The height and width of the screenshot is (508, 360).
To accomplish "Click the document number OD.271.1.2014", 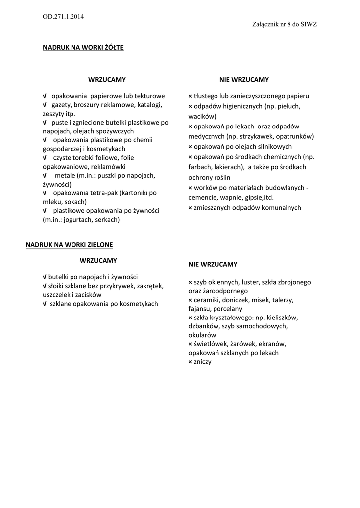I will tap(63, 16).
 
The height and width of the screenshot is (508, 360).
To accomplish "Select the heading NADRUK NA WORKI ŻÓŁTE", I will tap(83, 48).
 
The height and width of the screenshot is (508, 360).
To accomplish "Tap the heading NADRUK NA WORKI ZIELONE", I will tap(70, 245).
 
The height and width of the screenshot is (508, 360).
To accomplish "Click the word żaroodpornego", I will tap(225, 291).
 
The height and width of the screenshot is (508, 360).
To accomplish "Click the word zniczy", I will tap(203, 362).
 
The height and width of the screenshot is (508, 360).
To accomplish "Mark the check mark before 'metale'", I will tap(45, 176).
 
